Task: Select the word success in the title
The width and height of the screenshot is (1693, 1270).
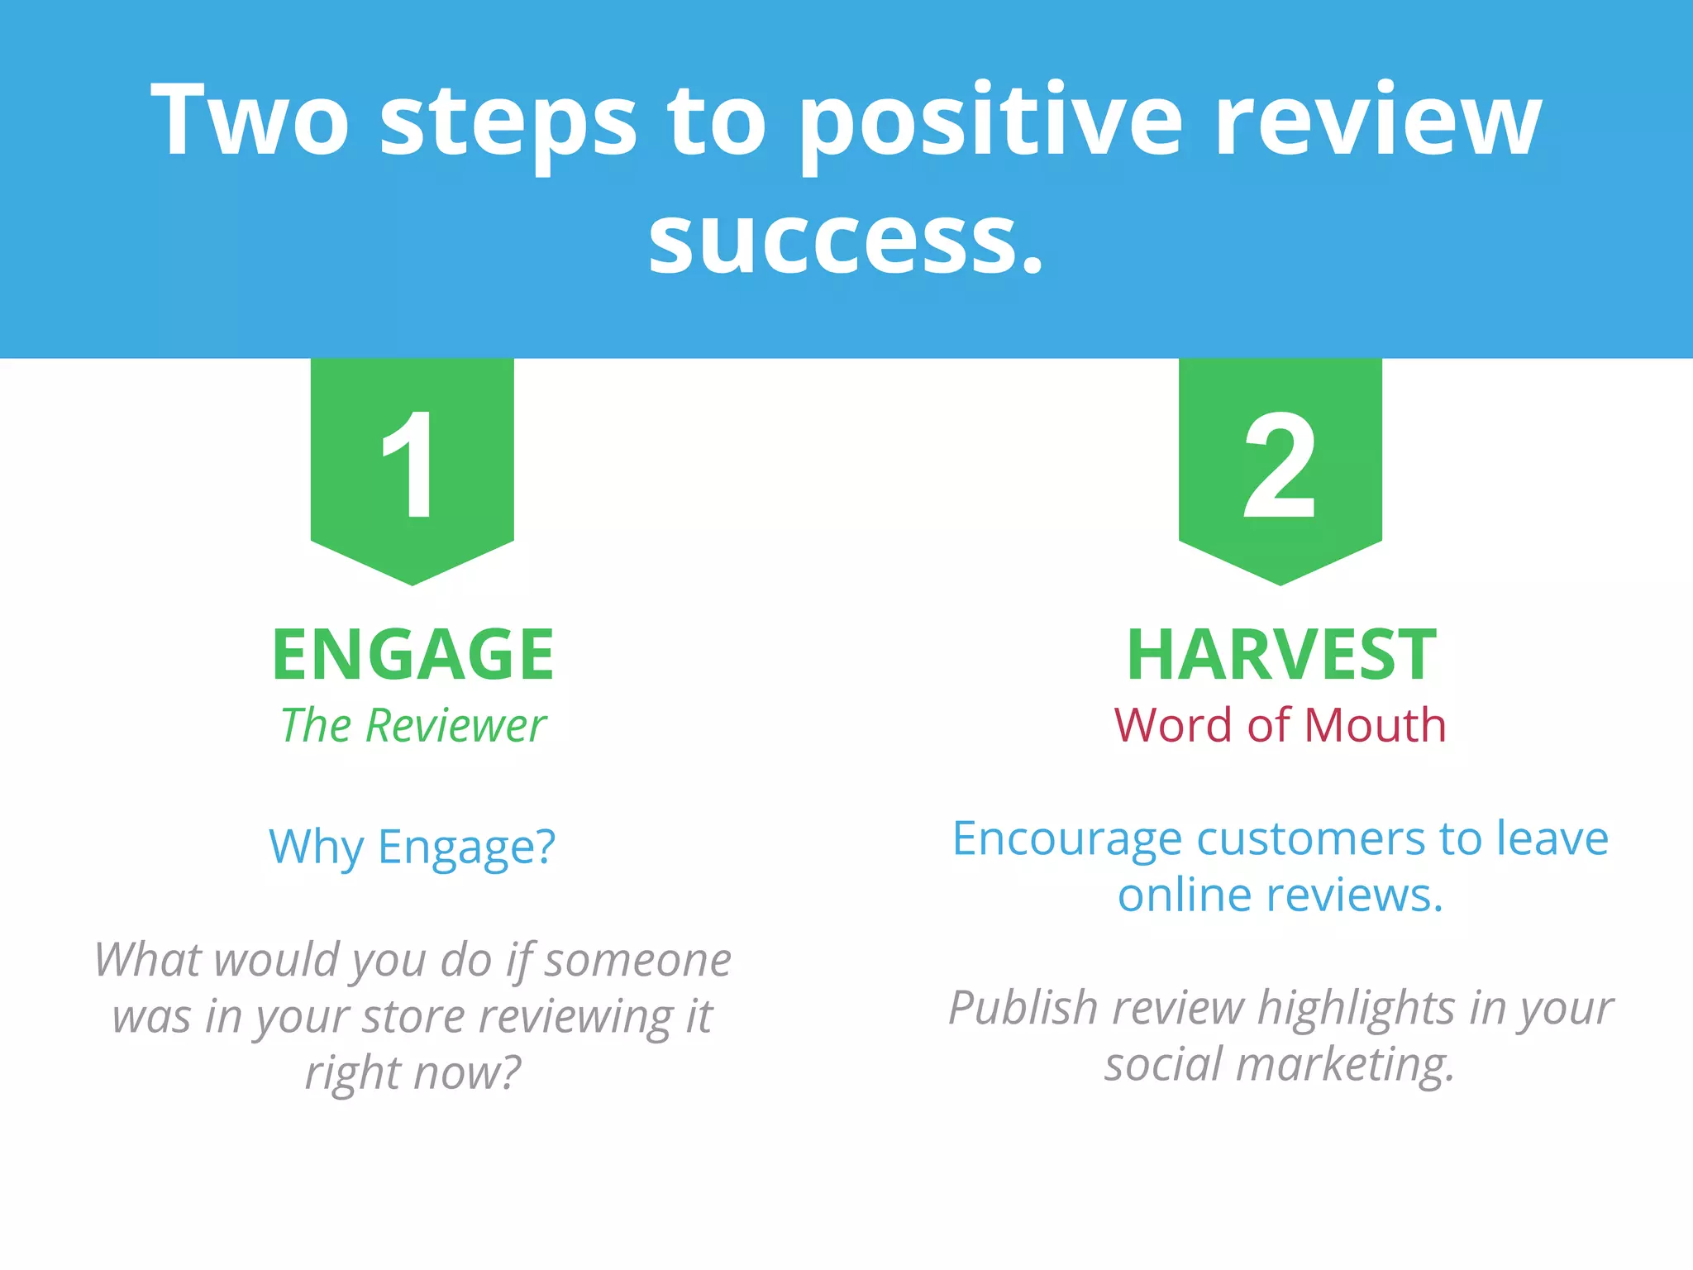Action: coord(843,240)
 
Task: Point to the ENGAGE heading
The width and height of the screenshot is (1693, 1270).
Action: coord(413,655)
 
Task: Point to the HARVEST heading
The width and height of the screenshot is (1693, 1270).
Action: coord(1280,655)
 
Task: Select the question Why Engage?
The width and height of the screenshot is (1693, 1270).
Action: coord(413,847)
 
